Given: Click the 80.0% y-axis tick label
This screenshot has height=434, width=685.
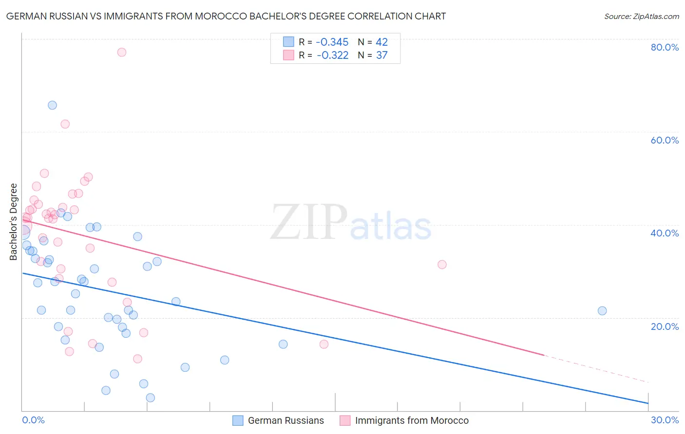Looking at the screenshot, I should click(665, 47).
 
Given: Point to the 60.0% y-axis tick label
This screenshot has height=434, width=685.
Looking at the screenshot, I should click(665, 140).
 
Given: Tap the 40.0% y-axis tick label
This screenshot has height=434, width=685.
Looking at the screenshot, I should click(665, 233).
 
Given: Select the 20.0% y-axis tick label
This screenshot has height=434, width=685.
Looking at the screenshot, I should click(665, 326).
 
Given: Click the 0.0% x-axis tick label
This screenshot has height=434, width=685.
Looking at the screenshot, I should click(33, 420).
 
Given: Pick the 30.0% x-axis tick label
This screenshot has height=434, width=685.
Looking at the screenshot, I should click(665, 420).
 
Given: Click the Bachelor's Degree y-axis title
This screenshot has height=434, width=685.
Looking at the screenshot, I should click(14, 222).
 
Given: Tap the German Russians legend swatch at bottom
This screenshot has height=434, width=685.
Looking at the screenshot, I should click(238, 420).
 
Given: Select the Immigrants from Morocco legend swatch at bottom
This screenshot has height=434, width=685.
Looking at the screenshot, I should click(345, 420).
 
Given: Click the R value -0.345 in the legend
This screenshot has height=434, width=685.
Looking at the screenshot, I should click(332, 42).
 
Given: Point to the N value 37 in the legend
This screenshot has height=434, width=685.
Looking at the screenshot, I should click(381, 55).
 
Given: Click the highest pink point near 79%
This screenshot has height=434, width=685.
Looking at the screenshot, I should click(122, 52).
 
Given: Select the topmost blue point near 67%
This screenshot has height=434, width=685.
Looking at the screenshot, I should click(52, 105).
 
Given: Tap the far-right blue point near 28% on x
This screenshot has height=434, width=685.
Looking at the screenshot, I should click(602, 311).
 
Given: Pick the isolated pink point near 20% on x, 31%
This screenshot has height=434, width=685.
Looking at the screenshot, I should click(442, 265).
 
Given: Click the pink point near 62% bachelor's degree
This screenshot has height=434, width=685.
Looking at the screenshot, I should click(65, 124).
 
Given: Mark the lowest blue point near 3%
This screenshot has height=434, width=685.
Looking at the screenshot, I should click(151, 398).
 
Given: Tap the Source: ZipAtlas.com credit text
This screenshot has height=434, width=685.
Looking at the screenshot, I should click(641, 17).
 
